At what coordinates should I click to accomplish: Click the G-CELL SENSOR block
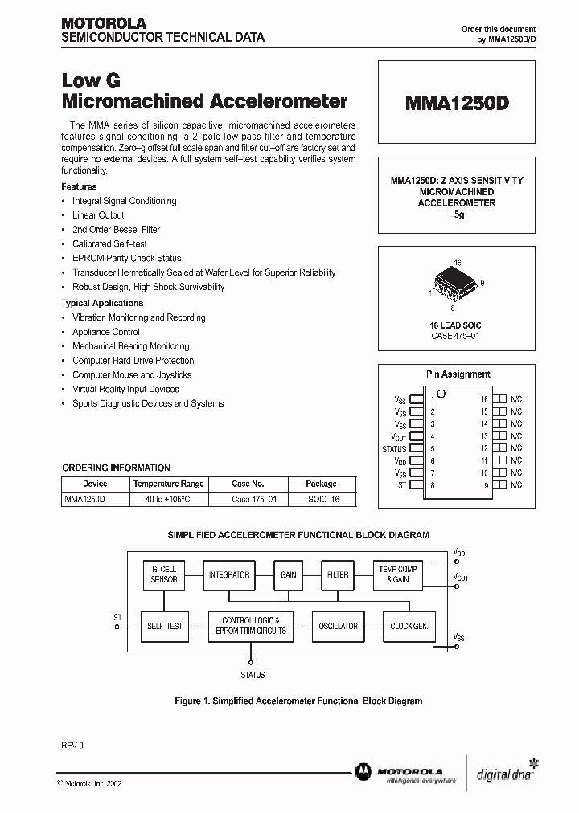(x=164, y=574)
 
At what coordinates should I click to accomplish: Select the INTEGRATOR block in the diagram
(x=229, y=574)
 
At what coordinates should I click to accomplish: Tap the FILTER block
(x=338, y=574)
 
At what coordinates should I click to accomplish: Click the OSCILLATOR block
(x=338, y=626)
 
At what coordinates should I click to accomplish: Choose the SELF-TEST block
(x=164, y=626)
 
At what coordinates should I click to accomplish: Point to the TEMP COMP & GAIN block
(x=398, y=574)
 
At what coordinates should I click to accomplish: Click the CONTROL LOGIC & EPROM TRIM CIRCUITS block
(x=250, y=626)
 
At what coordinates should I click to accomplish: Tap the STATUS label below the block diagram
(x=252, y=675)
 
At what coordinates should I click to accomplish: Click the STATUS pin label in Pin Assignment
(x=394, y=449)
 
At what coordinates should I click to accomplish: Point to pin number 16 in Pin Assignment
(x=485, y=399)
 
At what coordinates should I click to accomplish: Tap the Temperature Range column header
(x=169, y=484)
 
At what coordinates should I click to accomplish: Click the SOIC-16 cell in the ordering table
(x=321, y=500)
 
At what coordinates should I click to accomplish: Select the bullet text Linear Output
(x=98, y=215)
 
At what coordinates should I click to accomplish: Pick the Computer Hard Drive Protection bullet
(x=133, y=361)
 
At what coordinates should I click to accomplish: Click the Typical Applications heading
(x=102, y=303)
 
